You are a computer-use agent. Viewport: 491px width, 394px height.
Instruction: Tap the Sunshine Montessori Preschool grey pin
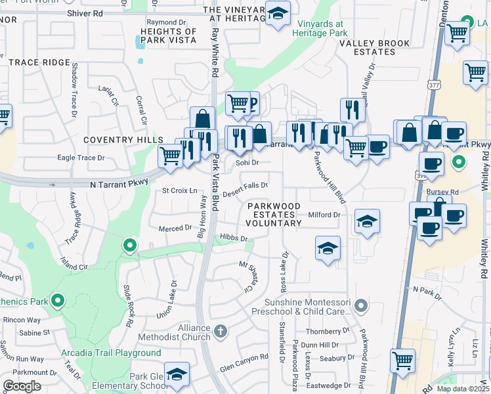360,305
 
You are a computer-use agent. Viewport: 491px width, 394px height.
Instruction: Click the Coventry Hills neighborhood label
123,141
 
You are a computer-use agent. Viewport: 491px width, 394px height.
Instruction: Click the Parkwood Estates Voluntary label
274,215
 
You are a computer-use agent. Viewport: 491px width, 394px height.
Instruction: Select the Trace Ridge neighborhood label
39,62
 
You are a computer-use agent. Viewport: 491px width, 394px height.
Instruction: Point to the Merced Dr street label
175,228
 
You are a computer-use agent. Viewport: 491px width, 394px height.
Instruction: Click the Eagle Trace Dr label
81,158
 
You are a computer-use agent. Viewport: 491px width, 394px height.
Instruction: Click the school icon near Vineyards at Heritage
278,14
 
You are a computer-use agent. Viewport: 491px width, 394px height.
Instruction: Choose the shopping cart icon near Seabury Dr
402,360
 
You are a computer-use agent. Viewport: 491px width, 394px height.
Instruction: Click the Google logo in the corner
22,386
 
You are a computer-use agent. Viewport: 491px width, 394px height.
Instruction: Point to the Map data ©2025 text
463,389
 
